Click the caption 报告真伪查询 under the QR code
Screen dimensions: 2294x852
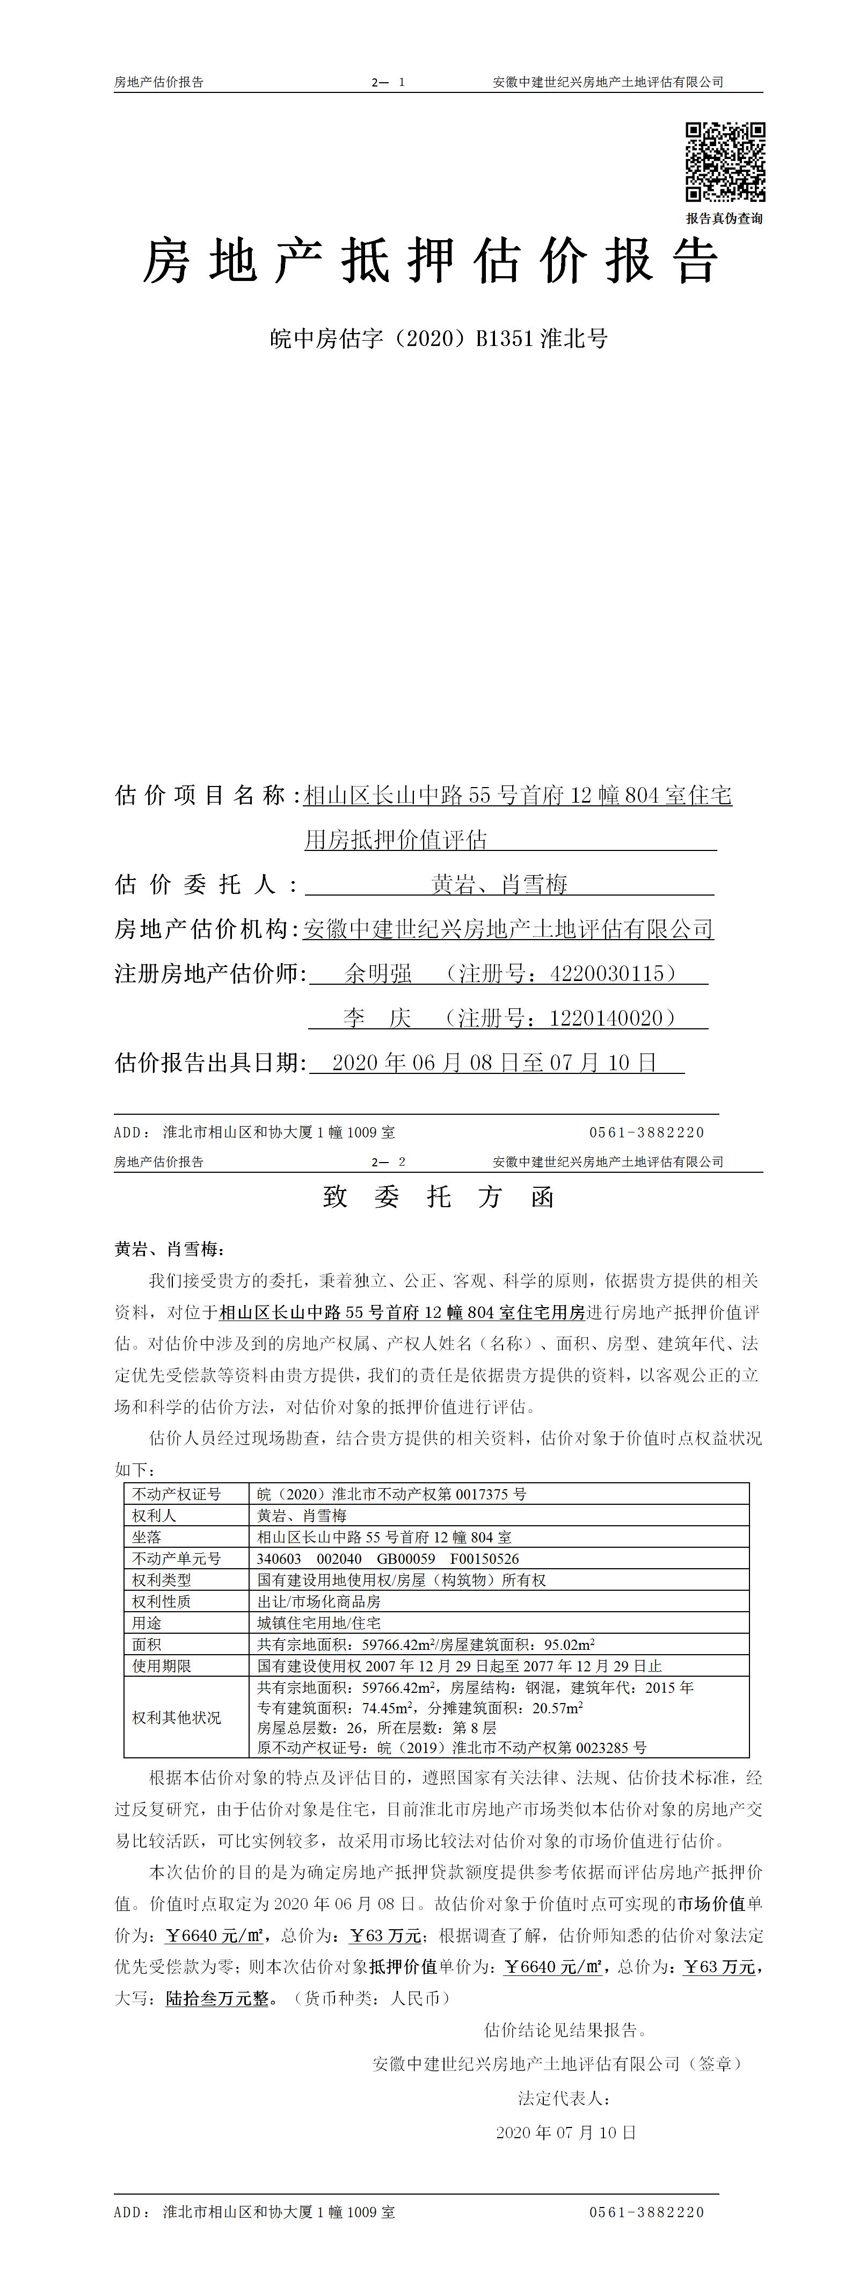(x=724, y=218)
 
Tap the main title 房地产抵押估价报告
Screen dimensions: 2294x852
(x=431, y=262)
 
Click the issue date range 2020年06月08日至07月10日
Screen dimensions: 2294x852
(x=494, y=1063)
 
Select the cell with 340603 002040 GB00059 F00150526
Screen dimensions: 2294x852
(x=388, y=1559)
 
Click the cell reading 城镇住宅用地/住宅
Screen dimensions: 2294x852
(x=319, y=1622)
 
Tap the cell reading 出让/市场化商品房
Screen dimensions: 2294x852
(x=319, y=1601)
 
